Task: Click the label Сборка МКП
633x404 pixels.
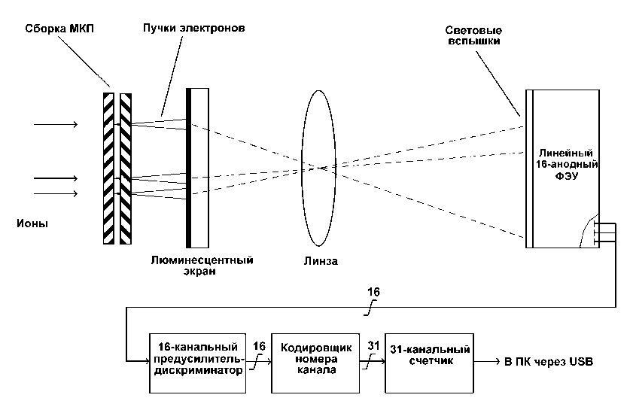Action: coord(59,29)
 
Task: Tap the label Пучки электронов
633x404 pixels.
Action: coord(193,28)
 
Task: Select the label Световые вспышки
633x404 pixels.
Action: coord(473,35)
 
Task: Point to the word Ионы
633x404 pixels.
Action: coord(32,223)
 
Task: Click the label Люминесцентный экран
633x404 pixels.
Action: coord(202,265)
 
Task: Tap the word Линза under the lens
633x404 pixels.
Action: coord(321,261)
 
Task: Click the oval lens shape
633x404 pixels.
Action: coord(301,168)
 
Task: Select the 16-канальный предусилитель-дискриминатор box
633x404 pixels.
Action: coord(197,363)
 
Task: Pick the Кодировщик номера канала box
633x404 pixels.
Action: coord(315,363)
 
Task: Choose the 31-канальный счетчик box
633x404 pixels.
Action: coord(429,363)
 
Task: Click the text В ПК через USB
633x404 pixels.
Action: coord(549,362)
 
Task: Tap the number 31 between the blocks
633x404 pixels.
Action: coord(373,345)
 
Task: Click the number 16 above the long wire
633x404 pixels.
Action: coord(373,292)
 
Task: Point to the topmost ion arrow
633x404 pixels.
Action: coord(56,124)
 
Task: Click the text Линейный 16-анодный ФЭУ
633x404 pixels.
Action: coord(567,164)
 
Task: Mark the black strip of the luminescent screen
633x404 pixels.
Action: coord(188,168)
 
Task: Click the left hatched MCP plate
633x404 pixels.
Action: coord(108,169)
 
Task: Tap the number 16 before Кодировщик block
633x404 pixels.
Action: coord(259,346)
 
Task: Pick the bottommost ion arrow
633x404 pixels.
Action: coord(56,194)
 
